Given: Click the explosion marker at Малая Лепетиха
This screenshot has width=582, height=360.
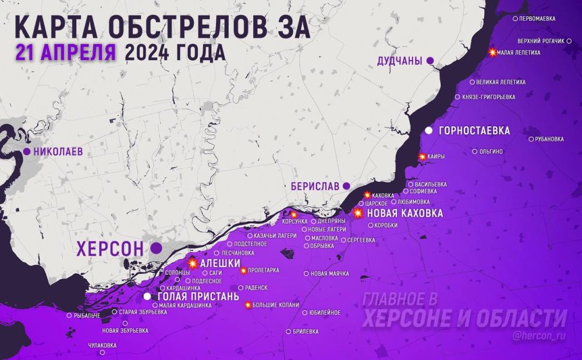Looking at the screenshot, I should [493, 52].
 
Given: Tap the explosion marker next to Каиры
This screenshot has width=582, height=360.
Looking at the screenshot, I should [423, 156].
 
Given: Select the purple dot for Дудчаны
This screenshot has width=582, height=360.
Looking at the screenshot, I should [430, 60].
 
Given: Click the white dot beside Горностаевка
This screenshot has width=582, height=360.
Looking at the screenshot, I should [429, 130].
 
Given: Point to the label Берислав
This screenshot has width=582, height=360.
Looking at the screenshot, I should [315, 186].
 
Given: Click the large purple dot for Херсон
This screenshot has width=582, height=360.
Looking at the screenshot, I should [156, 248].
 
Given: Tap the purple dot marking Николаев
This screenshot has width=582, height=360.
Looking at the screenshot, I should [27, 152].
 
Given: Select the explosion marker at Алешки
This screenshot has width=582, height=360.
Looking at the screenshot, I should [193, 263].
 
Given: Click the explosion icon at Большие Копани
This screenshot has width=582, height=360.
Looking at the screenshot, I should [248, 305].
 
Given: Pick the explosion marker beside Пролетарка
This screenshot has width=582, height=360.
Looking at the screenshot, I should [243, 270].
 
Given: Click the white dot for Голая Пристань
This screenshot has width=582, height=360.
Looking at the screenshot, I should [148, 296].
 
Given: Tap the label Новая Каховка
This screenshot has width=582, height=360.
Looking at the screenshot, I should [405, 213].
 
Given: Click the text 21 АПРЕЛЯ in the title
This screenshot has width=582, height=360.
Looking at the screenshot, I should [66, 52].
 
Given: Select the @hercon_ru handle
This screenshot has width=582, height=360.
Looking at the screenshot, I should [540, 336].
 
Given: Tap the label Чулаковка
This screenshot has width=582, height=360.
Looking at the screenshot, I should [102, 345].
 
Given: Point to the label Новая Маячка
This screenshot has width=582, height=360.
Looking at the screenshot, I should [330, 273].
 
